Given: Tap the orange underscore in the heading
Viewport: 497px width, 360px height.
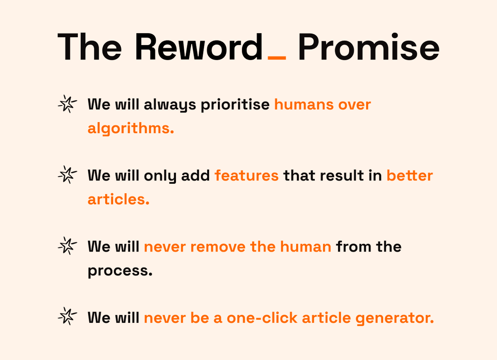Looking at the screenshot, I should point(277,58).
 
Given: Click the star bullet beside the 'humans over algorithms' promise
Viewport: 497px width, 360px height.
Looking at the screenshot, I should point(67,104).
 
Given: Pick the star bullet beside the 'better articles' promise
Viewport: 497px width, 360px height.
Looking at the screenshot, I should point(67,175).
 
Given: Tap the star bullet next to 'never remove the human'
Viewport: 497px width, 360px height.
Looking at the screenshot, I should point(67,247).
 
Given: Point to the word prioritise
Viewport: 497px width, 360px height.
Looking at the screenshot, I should point(235,105).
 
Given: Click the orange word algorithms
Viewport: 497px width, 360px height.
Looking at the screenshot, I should point(130,129).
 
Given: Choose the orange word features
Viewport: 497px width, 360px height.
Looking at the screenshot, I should point(246,175).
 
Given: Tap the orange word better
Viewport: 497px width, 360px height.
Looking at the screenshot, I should point(410,175).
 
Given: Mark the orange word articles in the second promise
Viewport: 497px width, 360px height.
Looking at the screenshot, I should point(118,199).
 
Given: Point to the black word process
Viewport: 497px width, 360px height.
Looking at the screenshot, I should point(120,271).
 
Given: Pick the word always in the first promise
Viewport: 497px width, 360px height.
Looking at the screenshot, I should point(170,105).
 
